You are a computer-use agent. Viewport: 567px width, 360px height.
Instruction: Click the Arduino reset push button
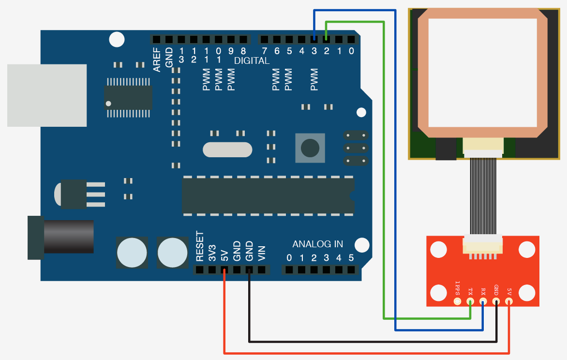coord(310,147)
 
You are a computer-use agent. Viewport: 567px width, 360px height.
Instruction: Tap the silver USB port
coord(47,95)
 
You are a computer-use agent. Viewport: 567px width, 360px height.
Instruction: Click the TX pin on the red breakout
coord(470,301)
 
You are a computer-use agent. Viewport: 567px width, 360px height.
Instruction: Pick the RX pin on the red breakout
coord(483,301)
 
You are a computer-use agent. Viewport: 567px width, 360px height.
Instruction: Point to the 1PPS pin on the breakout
coord(457,301)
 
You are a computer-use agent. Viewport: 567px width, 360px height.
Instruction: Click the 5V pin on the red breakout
coord(509,301)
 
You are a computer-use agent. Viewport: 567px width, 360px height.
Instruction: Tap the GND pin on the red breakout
coord(496,301)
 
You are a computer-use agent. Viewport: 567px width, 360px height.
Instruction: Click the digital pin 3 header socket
coord(314,39)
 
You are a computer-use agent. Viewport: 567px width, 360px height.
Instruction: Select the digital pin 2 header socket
coord(327,39)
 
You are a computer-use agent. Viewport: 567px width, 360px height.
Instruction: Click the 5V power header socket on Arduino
coord(224,270)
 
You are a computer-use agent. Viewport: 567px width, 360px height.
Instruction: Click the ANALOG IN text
coord(317,244)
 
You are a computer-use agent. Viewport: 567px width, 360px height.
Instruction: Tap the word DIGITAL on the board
coord(252,61)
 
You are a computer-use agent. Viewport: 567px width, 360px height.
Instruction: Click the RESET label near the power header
coord(200,246)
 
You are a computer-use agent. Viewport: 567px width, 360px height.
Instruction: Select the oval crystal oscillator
coord(227,150)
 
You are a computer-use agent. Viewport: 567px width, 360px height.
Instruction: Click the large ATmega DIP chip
coord(268,195)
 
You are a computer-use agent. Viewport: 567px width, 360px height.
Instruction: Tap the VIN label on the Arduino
coord(262,254)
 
